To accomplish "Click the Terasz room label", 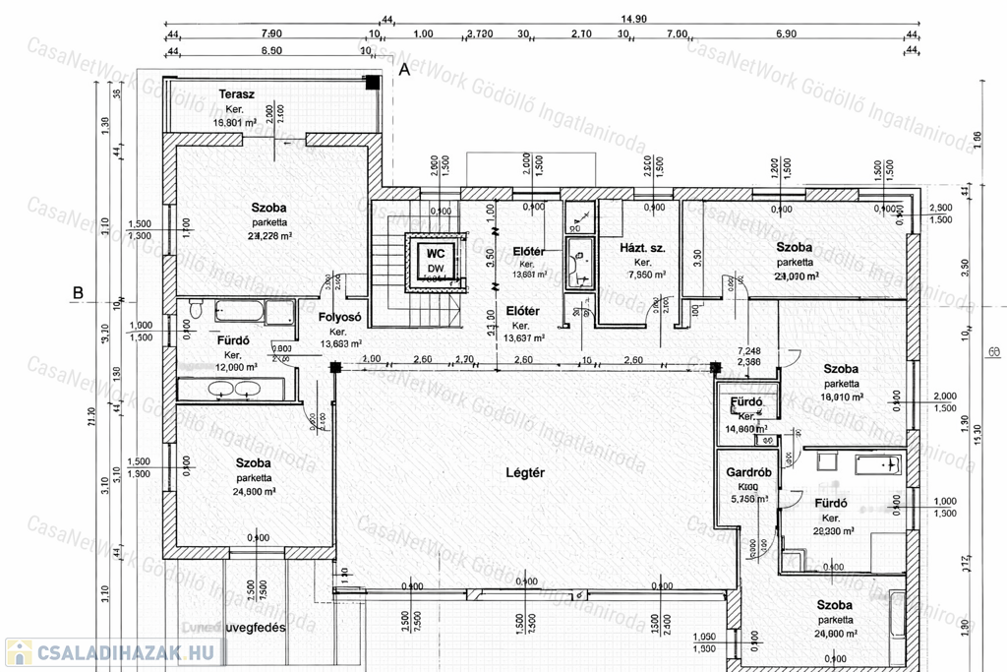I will pos(237,94).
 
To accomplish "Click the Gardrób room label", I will pos(748,470).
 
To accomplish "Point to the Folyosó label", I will pos(341,317).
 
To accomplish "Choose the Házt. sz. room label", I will pos(642,248).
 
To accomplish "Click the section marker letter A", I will pos(403,69).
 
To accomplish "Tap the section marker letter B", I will pos(78,292).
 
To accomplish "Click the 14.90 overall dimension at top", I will pos(632,19).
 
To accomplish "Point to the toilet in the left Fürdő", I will pos(196,311).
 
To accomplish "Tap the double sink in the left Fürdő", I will pos(232,387).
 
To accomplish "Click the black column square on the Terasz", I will pos(372,83).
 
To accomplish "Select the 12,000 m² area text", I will pos(234,367).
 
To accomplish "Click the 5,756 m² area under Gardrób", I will pos(748,499).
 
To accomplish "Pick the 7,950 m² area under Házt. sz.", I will pos(642,276).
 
